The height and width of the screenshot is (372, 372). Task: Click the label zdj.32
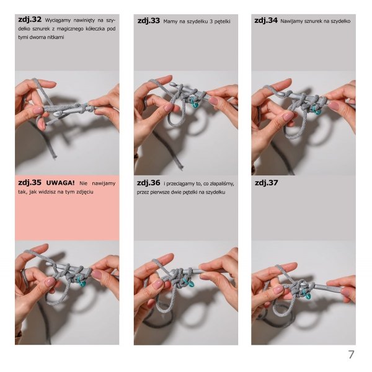pyautogui.click(x=30, y=19)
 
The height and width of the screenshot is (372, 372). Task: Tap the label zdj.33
pyautogui.click(x=149, y=21)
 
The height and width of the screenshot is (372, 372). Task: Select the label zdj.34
pyautogui.click(x=266, y=20)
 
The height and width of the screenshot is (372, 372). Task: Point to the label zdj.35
pyautogui.click(x=30, y=183)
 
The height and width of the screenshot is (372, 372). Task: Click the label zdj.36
pyautogui.click(x=149, y=183)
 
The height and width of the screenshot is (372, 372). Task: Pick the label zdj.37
pyautogui.click(x=266, y=183)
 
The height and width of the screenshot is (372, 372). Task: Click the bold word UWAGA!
pyautogui.click(x=60, y=183)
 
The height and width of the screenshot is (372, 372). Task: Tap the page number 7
pyautogui.click(x=351, y=355)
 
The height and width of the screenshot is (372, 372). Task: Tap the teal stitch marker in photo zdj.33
pyautogui.click(x=194, y=102)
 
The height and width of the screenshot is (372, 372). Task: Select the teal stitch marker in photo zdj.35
pyautogui.click(x=81, y=281)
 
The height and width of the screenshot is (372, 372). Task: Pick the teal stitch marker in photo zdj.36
pyautogui.click(x=189, y=283)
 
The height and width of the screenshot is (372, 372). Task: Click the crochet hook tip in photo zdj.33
pyautogui.click(x=173, y=84)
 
